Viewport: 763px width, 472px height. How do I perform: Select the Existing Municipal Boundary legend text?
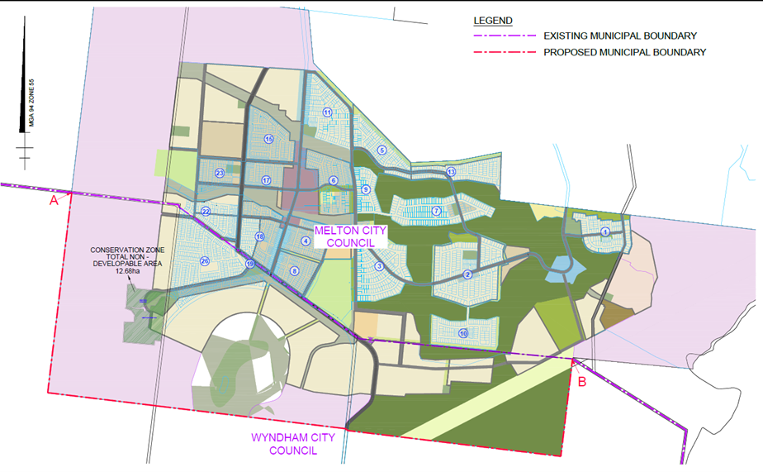pyautogui.click(x=619, y=36)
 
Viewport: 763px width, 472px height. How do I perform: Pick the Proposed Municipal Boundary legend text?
pyautogui.click(x=623, y=52)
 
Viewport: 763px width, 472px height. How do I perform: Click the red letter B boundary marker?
pyautogui.click(x=581, y=382)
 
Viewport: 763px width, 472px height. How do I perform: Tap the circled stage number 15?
pyautogui.click(x=268, y=139)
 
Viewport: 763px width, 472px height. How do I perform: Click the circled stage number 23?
pyautogui.click(x=220, y=173)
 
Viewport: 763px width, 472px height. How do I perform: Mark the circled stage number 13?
pyautogui.click(x=451, y=172)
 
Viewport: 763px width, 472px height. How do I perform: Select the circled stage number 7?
pyautogui.click(x=436, y=212)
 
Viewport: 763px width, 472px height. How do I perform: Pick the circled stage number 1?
pyautogui.click(x=605, y=231)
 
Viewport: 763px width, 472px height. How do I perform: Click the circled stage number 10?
pyautogui.click(x=463, y=333)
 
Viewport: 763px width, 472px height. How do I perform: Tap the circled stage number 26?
pyautogui.click(x=204, y=262)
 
